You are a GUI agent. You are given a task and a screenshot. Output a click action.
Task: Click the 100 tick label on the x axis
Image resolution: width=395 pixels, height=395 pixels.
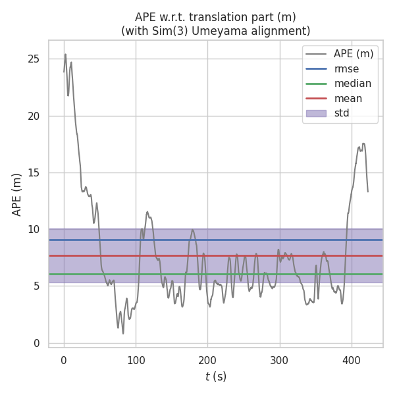pyautogui.click(x=136, y=360)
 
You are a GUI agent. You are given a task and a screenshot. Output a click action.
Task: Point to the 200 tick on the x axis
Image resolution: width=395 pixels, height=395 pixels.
pyautogui.click(x=208, y=360)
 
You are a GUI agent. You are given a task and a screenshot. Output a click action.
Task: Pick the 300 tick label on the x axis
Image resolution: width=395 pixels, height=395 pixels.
pyautogui.click(x=280, y=360)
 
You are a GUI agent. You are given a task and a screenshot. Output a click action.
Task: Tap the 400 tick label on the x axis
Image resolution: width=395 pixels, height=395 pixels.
pyautogui.click(x=352, y=360)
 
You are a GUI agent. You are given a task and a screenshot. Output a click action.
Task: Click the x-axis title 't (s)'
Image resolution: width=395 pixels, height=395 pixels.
pyautogui.click(x=215, y=377)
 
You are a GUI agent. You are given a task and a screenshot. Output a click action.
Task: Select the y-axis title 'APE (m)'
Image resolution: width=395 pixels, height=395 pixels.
pyautogui.click(x=17, y=194)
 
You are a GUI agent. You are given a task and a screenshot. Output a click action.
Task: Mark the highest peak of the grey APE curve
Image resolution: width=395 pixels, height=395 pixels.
pyautogui.click(x=65, y=54)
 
